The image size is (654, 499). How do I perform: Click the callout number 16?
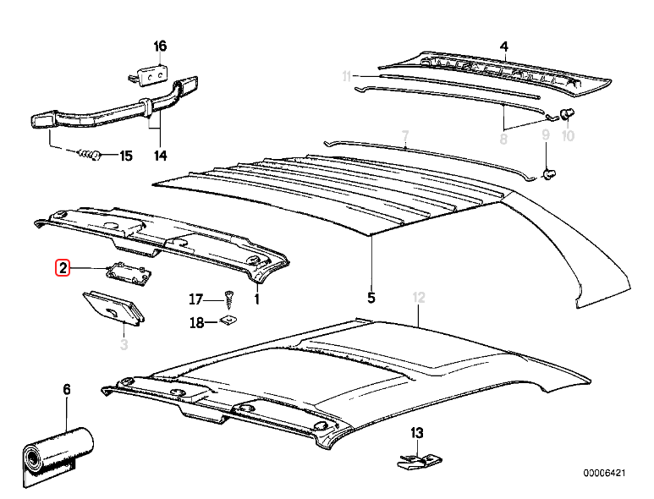[160, 46]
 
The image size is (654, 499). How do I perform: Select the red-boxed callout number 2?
[63, 268]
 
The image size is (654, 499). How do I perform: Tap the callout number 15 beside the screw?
[125, 156]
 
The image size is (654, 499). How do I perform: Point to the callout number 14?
[160, 156]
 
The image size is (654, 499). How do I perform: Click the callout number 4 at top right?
[504, 46]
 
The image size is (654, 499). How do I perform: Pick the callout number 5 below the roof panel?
[371, 297]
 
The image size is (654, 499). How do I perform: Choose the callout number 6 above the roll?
[67, 389]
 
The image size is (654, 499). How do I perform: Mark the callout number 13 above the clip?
[416, 433]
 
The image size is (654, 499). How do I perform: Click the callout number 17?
[195, 299]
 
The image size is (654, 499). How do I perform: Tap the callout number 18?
[195, 322]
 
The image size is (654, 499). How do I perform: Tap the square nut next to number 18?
[228, 321]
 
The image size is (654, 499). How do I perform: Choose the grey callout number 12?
[417, 297]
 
